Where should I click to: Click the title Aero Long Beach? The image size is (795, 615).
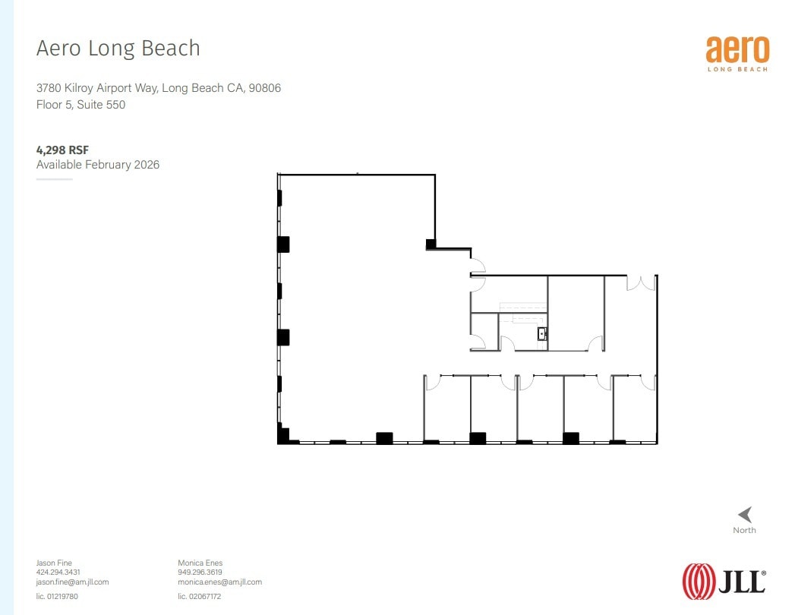[118, 49]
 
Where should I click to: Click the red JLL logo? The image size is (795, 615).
[724, 581]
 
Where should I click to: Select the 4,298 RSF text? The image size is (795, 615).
[63, 150]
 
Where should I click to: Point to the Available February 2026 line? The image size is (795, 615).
[98, 165]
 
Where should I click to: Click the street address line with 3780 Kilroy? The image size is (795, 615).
[159, 88]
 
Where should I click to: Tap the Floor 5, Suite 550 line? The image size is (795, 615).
[80, 105]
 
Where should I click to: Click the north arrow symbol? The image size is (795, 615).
[745, 514]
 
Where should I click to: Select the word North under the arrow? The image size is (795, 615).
[744, 530]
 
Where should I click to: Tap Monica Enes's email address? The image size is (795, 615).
[219, 582]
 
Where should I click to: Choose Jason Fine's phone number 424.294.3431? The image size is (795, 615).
[58, 572]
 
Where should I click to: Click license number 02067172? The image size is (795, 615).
[199, 596]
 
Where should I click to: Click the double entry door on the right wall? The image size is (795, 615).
[640, 282]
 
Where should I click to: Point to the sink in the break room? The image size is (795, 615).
[543, 333]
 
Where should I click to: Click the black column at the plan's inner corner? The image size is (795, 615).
[431, 244]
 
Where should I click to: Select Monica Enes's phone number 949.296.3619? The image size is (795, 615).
[200, 572]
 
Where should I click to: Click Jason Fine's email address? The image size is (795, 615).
[72, 582]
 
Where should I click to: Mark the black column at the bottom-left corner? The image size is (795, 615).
[283, 436]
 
